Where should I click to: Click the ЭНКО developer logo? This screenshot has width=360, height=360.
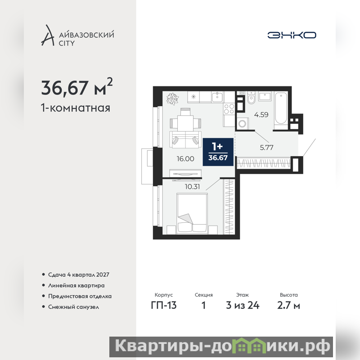[292, 35]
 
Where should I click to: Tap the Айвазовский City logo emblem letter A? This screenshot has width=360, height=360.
[48, 35]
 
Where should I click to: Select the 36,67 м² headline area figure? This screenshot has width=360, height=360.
[77, 87]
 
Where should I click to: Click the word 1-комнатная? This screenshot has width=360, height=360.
[76, 108]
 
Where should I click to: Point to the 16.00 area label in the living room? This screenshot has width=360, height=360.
[185, 159]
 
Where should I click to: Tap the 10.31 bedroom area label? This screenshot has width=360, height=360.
[193, 187]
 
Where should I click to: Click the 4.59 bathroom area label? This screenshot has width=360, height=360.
[261, 115]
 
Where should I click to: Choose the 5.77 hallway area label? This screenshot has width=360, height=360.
[266, 148]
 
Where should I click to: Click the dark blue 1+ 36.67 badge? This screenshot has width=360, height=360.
[218, 152]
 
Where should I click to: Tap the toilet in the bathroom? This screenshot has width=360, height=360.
[252, 98]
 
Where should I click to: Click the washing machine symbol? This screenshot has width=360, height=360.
[242, 123]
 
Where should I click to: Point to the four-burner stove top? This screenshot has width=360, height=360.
[229, 109]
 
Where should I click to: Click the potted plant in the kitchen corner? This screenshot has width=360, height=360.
[173, 99]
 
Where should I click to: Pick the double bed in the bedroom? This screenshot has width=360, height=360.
[192, 214]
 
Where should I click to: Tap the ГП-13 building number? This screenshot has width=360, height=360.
[164, 306]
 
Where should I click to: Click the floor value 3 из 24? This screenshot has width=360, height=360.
[243, 306]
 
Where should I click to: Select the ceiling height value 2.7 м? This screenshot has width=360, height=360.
[288, 306]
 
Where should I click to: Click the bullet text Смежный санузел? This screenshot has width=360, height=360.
[73, 307]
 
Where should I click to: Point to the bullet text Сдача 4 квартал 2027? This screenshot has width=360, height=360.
[78, 274]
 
